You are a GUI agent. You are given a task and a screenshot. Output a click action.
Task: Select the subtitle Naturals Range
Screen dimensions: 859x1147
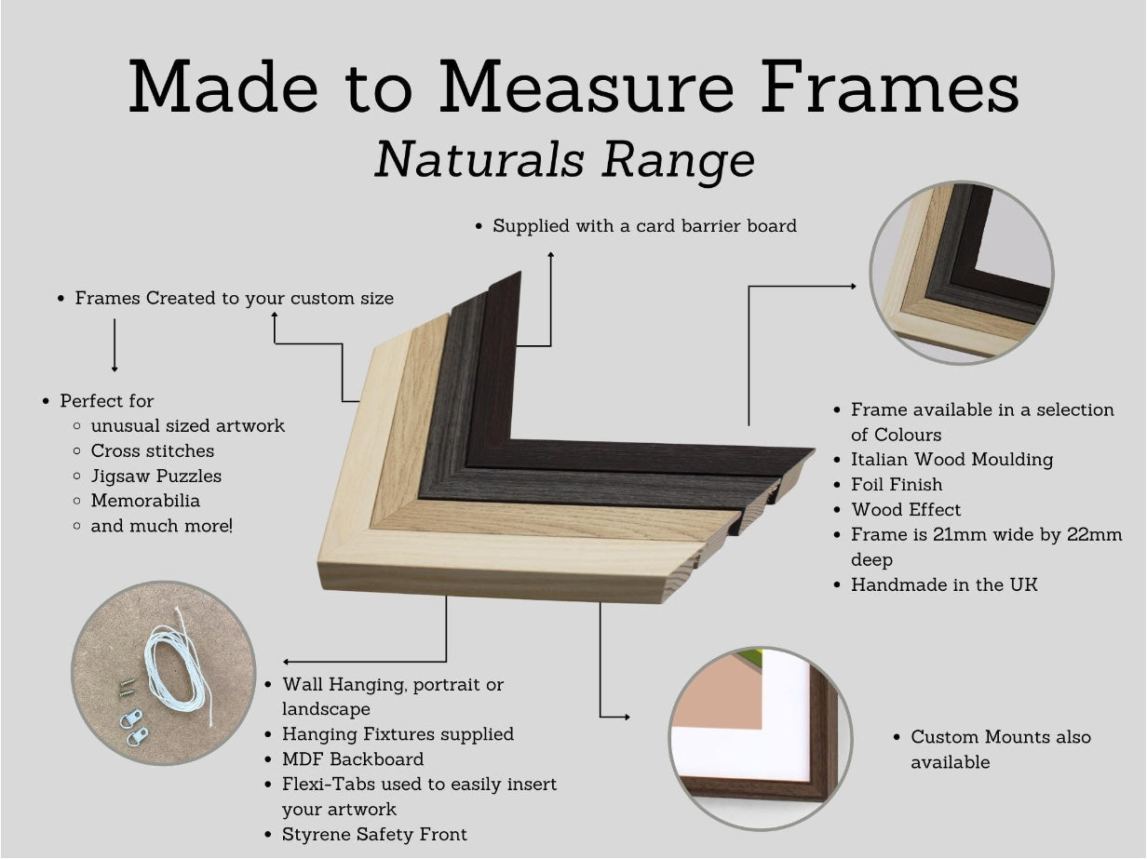pos(564,159)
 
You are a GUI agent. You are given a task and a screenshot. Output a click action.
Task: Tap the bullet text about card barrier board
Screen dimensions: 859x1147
pos(644,225)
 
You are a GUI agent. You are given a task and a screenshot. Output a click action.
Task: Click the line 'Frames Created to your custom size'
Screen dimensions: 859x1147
pos(234,298)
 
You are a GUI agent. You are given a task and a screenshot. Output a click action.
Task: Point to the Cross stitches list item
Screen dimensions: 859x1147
pos(152,450)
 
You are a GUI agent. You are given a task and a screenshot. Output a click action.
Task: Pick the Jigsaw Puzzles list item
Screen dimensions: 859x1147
pos(155,476)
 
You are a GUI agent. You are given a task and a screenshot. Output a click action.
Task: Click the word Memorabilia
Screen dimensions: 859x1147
pos(145,501)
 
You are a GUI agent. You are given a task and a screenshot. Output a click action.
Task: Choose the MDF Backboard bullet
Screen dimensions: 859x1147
pos(353,758)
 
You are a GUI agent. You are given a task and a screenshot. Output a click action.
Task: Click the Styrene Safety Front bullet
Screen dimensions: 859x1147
pos(374,834)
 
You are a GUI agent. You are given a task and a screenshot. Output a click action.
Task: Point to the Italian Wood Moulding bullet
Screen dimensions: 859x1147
pos(951,459)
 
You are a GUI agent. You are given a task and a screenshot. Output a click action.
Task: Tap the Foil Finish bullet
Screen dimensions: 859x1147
pos(897,484)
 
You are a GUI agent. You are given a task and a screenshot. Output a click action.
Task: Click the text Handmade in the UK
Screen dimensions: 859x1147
pos(944,584)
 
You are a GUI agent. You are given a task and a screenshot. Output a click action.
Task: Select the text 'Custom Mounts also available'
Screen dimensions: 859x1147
pos(1000,749)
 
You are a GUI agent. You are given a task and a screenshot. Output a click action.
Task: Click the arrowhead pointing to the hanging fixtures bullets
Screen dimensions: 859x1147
pos(287,662)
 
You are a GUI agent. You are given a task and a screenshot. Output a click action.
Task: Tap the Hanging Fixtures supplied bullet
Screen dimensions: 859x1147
pos(398,733)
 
